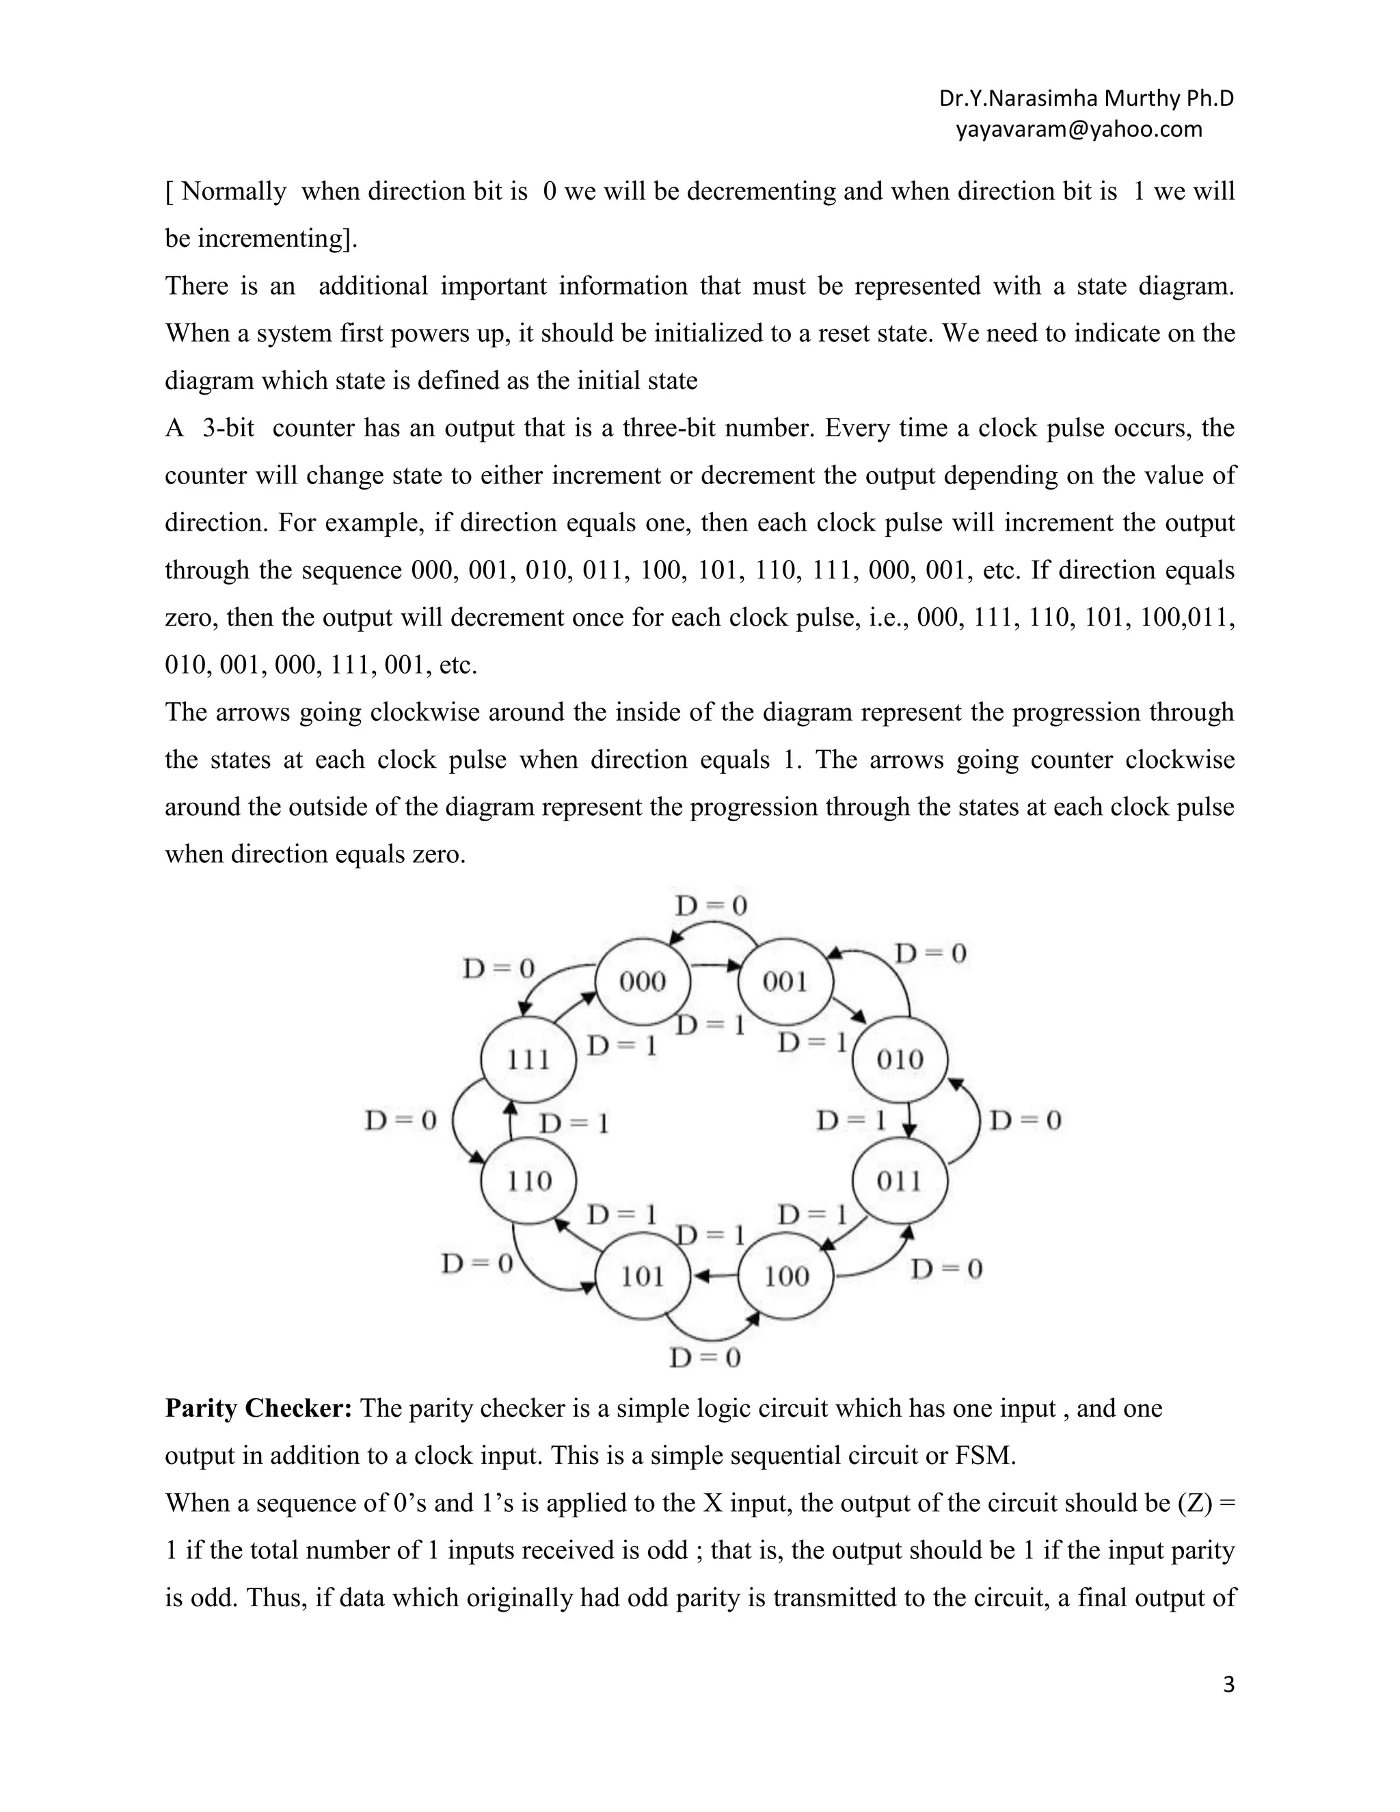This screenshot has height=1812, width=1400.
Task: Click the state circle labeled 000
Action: coord(643,983)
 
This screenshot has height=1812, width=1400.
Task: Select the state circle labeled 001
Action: coord(785,983)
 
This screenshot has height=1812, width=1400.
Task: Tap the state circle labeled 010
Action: coord(900,1059)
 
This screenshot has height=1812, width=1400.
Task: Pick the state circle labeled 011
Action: coord(900,1181)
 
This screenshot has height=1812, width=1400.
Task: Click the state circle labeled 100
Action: coord(785,1276)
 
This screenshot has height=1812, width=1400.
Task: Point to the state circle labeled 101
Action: coord(643,1276)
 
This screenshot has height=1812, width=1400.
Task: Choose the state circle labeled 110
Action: coord(528,1181)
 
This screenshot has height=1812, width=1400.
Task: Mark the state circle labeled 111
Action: coord(528,1059)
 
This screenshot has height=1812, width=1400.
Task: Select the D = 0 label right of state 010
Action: coord(1026,1121)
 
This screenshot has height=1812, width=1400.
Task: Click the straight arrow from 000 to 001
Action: coord(713,965)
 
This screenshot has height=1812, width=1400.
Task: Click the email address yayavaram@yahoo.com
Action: coord(1078,129)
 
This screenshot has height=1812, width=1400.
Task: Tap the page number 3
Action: coord(1228,1684)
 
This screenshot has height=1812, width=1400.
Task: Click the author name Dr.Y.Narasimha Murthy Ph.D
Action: coord(1086,98)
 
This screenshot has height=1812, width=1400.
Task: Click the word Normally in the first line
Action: coord(233,191)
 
